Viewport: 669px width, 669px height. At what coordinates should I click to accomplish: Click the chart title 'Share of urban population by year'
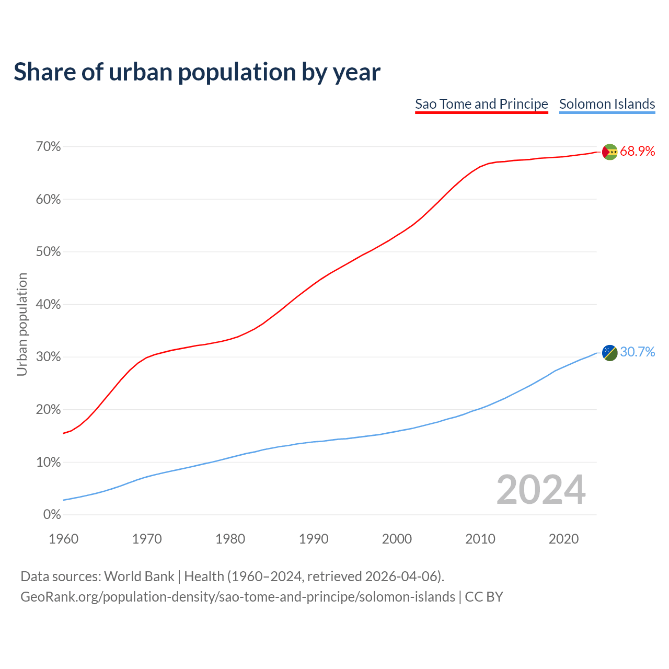tap(197, 72)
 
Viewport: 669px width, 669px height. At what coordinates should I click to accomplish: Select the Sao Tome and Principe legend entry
tap(481, 104)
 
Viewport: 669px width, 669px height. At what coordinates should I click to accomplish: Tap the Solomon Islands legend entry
tap(607, 104)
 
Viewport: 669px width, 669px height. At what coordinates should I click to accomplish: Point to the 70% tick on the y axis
tap(49, 147)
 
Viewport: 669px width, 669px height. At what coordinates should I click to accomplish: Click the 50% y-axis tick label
tap(49, 252)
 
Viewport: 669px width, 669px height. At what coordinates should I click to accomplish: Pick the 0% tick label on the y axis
tap(52, 515)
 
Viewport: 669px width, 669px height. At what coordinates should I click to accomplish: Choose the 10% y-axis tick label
tap(49, 462)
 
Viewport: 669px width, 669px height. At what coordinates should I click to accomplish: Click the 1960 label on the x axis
tap(64, 539)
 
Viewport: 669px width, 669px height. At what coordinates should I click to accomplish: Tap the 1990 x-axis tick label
tap(314, 539)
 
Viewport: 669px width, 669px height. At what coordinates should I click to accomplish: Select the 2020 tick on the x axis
tap(563, 539)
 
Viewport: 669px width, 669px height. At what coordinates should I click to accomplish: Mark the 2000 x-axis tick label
tap(397, 539)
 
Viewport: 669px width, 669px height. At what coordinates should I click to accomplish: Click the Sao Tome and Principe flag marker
tap(610, 152)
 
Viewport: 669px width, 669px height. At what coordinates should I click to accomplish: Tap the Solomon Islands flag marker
tap(610, 352)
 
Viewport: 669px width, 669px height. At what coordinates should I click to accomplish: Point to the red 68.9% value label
tap(637, 152)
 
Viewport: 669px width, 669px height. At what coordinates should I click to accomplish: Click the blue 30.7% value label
tap(637, 352)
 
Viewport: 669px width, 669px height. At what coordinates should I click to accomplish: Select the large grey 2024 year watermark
tap(541, 490)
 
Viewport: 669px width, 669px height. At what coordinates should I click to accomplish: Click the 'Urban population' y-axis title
tap(22, 324)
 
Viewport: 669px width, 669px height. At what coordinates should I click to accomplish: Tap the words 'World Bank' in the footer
tap(139, 576)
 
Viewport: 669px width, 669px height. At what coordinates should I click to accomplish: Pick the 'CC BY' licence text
tap(484, 597)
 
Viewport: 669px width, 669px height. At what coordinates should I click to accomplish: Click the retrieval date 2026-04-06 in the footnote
tap(401, 576)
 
